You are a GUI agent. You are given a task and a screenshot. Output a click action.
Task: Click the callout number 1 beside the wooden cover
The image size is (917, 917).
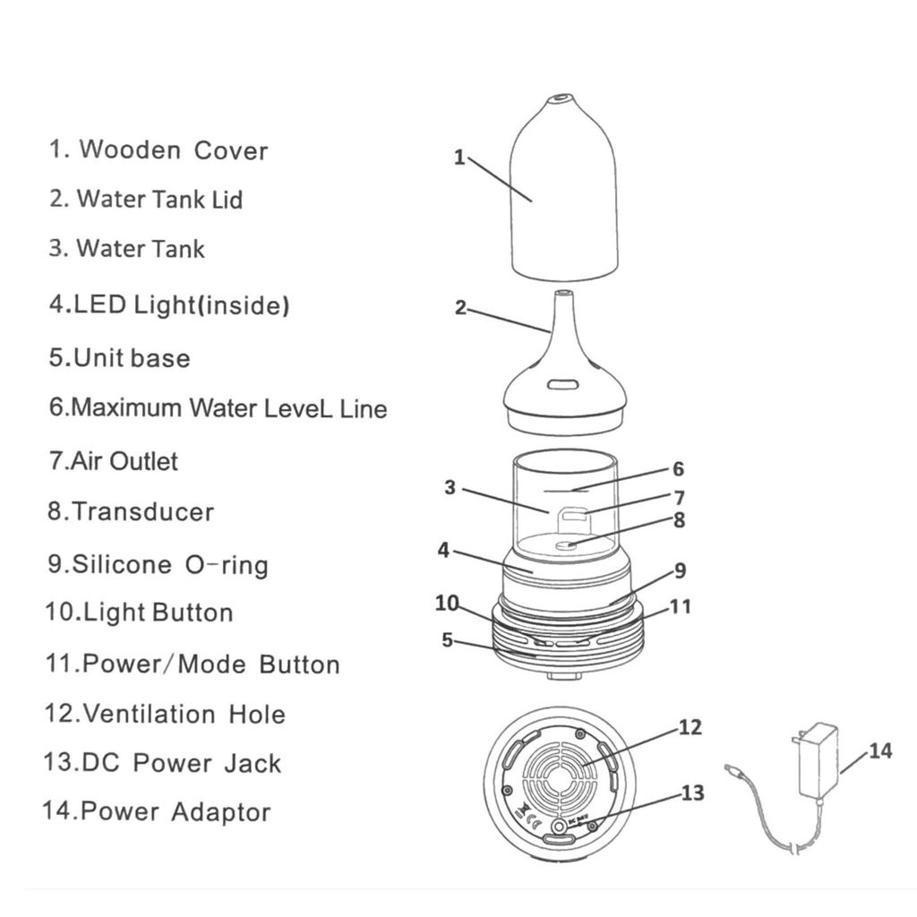(x=459, y=158)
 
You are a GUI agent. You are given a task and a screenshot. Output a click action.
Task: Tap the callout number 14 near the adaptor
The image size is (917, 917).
(x=879, y=750)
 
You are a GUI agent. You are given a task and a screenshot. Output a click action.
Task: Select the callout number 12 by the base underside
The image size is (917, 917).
(x=690, y=727)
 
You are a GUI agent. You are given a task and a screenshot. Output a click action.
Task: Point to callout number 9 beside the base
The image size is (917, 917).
(x=680, y=570)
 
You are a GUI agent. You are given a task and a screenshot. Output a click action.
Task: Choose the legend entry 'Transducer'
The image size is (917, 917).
(x=142, y=512)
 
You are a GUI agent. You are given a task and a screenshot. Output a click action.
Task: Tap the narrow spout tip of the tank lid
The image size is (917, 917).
(x=563, y=294)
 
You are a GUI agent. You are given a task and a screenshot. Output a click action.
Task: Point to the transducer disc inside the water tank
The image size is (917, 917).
(x=567, y=543)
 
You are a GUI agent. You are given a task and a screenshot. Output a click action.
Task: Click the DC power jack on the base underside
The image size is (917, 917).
(x=561, y=822)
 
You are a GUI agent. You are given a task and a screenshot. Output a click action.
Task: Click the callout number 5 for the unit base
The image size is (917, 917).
(x=447, y=639)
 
